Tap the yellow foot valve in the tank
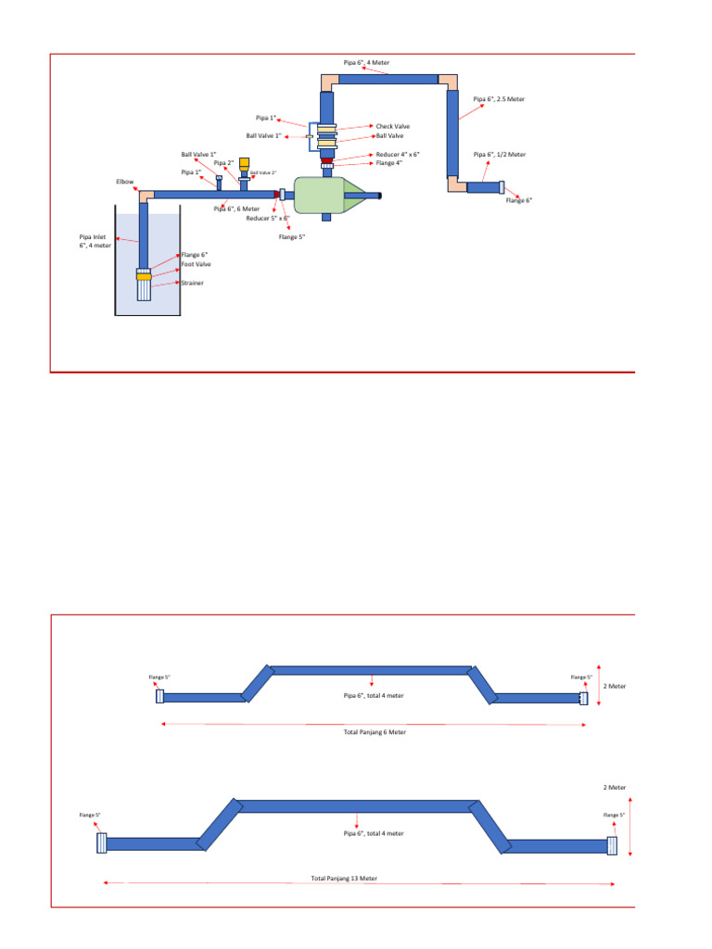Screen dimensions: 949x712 click(x=143, y=275)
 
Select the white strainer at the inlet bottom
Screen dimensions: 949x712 click(x=143, y=290)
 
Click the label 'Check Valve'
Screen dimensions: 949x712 click(x=392, y=126)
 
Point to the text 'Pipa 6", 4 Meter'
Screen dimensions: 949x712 click(x=366, y=62)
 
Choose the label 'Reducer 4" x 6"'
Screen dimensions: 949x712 click(x=399, y=155)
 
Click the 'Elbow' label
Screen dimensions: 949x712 click(x=125, y=182)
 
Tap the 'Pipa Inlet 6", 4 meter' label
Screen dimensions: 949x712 click(x=95, y=241)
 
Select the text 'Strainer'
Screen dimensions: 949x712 click(x=192, y=283)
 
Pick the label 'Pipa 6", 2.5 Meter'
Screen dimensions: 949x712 click(x=499, y=98)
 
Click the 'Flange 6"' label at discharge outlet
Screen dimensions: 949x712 click(x=519, y=200)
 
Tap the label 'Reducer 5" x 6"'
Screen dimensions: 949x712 click(x=268, y=219)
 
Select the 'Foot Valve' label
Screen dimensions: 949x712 click(x=197, y=264)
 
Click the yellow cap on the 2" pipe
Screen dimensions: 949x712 click(x=244, y=163)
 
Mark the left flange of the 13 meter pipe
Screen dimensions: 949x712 click(x=102, y=843)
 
